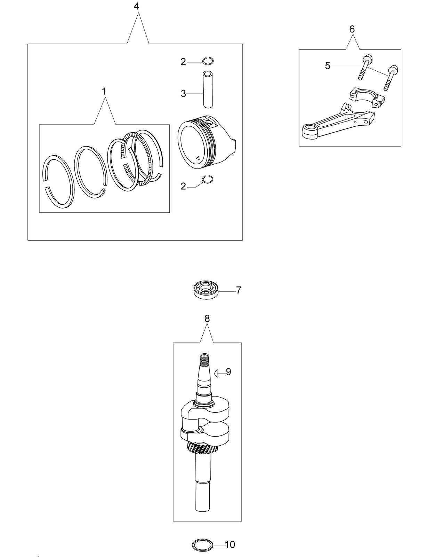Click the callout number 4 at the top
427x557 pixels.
pyautogui.click(x=136, y=6)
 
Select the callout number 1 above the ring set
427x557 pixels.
pyautogui.click(x=104, y=91)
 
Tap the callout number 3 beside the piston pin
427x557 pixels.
pyautogui.click(x=183, y=94)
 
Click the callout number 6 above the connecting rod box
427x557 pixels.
pyautogui.click(x=352, y=30)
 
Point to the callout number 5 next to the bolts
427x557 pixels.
pyautogui.click(x=328, y=66)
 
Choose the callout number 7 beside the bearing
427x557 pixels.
pyautogui.click(x=239, y=290)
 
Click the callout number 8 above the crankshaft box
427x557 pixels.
pyautogui.click(x=207, y=319)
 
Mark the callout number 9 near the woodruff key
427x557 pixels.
pyautogui.click(x=228, y=372)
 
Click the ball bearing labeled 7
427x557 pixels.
pyautogui.click(x=204, y=290)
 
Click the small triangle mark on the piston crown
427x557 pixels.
pyautogui.click(x=198, y=158)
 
